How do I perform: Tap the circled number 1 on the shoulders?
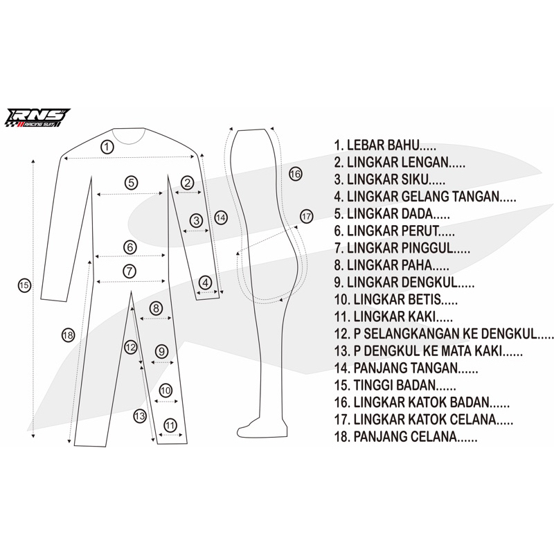pyautogui.click(x=107, y=147)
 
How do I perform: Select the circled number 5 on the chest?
pyautogui.click(x=131, y=183)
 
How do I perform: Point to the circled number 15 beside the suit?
pyautogui.click(x=24, y=285)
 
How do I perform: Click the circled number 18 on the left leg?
pyautogui.click(x=68, y=335)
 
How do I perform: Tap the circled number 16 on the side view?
pyautogui.click(x=295, y=174)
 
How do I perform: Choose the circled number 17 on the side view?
pyautogui.click(x=307, y=216)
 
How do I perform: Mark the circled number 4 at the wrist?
pyautogui.click(x=206, y=283)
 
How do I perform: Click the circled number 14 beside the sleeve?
pyautogui.click(x=221, y=217)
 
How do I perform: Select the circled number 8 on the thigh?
pyautogui.click(x=157, y=307)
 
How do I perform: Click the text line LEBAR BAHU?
pyautogui.click(x=384, y=146)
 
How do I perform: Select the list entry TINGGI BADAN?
pyautogui.click(x=394, y=384)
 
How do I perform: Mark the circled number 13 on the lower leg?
pyautogui.click(x=140, y=415)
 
